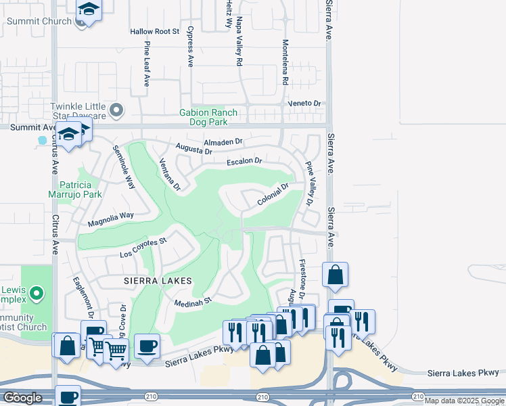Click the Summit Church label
point(39,21)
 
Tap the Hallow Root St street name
point(154,31)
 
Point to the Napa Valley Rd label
point(239,42)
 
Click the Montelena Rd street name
point(285,62)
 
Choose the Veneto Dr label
point(304,103)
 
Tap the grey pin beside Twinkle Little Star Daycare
point(117,109)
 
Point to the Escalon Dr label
point(244,161)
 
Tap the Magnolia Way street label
point(111,218)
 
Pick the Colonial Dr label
point(273,195)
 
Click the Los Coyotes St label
point(143,248)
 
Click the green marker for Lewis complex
point(37,294)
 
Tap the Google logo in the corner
point(22,398)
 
